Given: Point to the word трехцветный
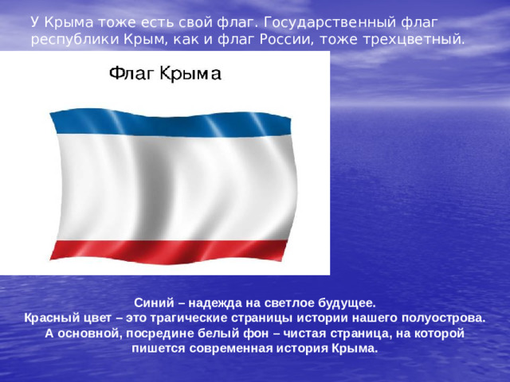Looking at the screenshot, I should [420, 39].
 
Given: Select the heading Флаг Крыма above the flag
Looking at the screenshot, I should [164, 74].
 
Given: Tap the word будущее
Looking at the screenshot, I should [343, 303].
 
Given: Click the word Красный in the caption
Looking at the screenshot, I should [53, 318].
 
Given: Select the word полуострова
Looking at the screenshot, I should [440, 318].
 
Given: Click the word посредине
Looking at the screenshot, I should [177, 333].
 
